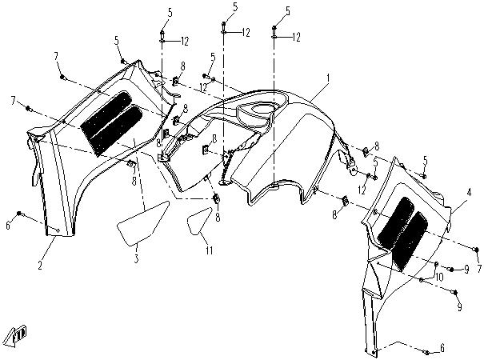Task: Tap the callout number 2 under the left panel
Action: tap(40, 265)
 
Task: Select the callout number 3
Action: tap(137, 258)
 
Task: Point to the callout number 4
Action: tap(469, 193)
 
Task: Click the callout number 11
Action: tap(210, 250)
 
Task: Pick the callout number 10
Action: tap(439, 277)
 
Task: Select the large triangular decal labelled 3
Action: tap(142, 223)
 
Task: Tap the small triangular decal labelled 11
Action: tap(198, 222)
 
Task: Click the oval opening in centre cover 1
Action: tap(261, 109)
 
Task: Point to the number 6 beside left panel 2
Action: tap(8, 226)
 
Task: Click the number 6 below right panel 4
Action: tap(442, 348)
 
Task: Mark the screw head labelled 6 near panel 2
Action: tap(19, 213)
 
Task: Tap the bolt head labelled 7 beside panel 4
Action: tap(476, 249)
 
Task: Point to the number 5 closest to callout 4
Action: tap(426, 161)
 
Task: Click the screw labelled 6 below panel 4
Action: tap(427, 352)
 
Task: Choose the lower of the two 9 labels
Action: tap(460, 307)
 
